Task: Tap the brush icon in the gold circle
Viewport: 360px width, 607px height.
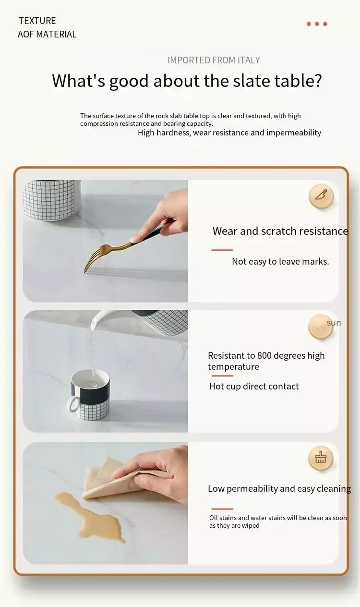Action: (x=321, y=457)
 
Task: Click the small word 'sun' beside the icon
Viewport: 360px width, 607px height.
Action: (x=334, y=323)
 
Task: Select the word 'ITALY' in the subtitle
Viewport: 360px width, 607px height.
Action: (x=249, y=60)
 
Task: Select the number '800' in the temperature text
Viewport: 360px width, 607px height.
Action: (x=264, y=355)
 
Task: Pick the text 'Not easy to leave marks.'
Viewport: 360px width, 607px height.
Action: (x=280, y=262)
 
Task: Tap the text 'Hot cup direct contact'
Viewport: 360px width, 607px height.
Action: (x=254, y=386)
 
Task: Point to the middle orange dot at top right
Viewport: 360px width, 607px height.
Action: (x=317, y=24)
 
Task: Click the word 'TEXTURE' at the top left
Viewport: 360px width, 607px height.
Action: (x=37, y=21)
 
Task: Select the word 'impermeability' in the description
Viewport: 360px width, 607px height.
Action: (x=294, y=133)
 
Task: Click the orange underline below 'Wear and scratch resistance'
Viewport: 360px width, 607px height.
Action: (x=222, y=250)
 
